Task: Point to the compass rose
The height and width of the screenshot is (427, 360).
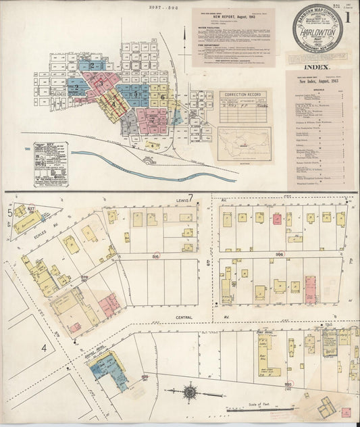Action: point(190,391)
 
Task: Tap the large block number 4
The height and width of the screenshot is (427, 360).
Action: point(45,348)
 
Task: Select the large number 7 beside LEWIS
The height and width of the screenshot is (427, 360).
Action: point(191,198)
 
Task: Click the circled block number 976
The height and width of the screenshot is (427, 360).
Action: point(85,277)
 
